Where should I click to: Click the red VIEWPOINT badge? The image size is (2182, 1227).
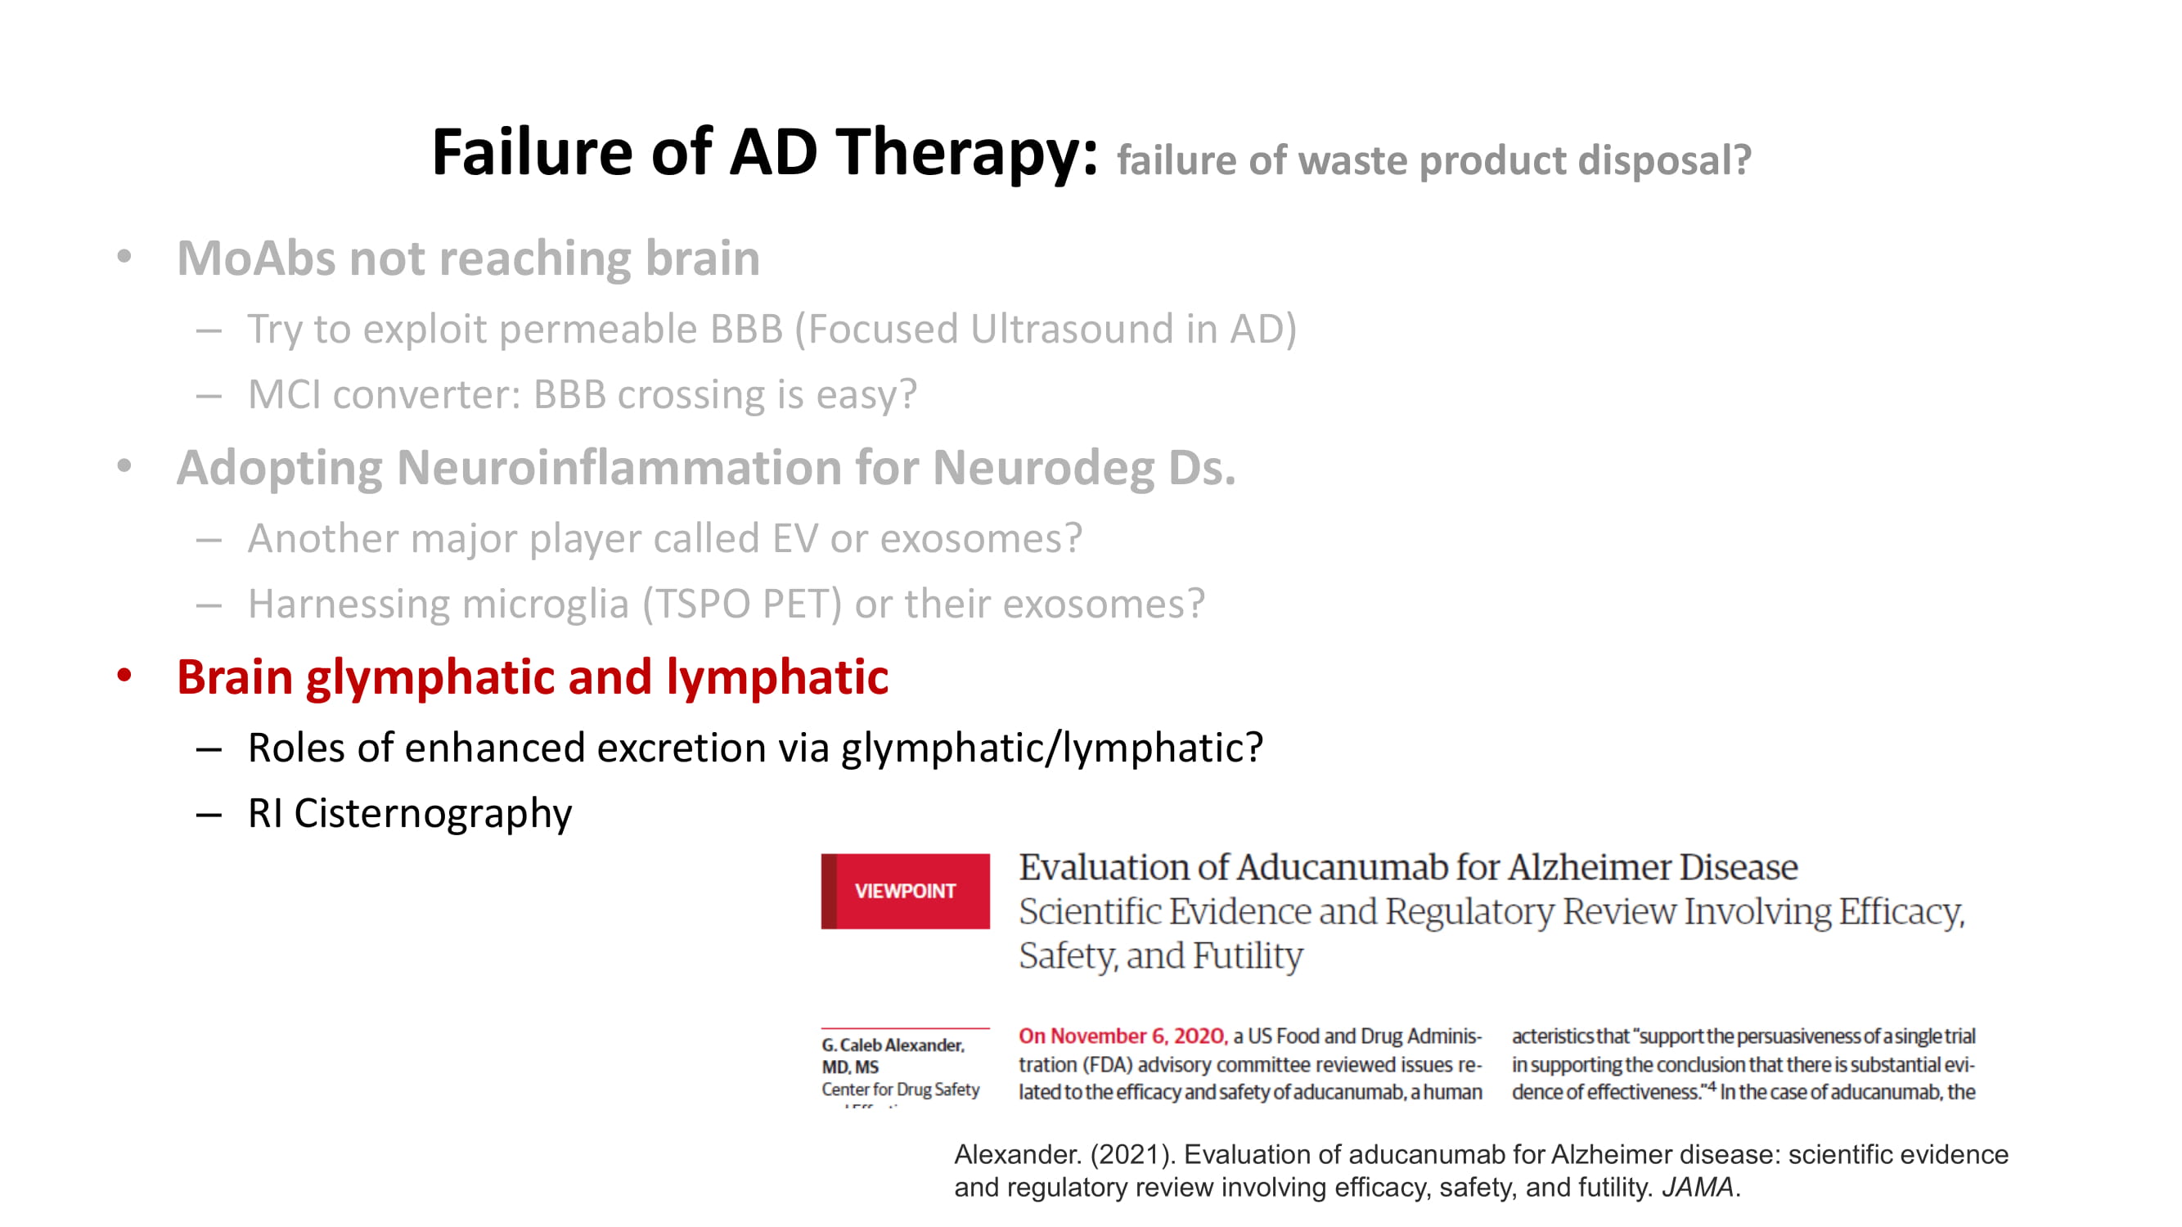(x=905, y=891)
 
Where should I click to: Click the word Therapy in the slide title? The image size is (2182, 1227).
(x=967, y=153)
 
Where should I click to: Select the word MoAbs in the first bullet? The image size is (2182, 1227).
(x=257, y=258)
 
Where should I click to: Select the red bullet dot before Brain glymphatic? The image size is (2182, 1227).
(x=124, y=676)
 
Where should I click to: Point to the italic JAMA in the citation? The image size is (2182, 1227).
(x=1698, y=1187)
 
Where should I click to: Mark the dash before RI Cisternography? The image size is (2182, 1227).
(x=209, y=816)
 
